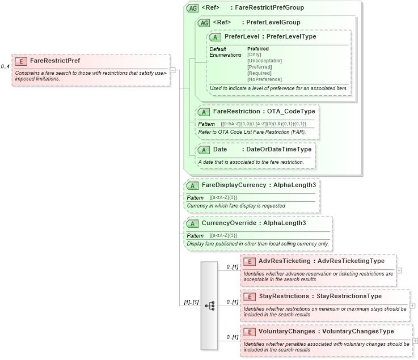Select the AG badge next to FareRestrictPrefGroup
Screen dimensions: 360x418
pyautogui.click(x=192, y=8)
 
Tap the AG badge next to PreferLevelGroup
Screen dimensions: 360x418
pyautogui.click(x=204, y=23)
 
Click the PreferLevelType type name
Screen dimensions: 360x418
pyautogui.click(x=292, y=36)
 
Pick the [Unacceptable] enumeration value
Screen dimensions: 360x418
pyautogui.click(x=264, y=61)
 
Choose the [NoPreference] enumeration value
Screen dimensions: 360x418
pyautogui.click(x=264, y=79)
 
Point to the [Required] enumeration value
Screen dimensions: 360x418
pyautogui.click(x=259, y=73)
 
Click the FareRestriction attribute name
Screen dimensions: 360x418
pyautogui.click(x=236, y=112)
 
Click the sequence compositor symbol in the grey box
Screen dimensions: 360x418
pyautogui.click(x=209, y=305)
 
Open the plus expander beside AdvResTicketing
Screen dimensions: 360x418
pyautogui.click(x=399, y=270)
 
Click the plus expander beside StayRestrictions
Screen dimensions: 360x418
pyautogui.click(x=412, y=305)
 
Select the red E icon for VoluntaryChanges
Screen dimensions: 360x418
pyautogui.click(x=249, y=332)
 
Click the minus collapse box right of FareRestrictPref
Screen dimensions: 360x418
pyautogui.click(x=172, y=70)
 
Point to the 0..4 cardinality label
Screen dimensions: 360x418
pyautogui.click(x=5, y=66)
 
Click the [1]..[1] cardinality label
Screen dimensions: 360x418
pyautogui.click(x=191, y=303)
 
